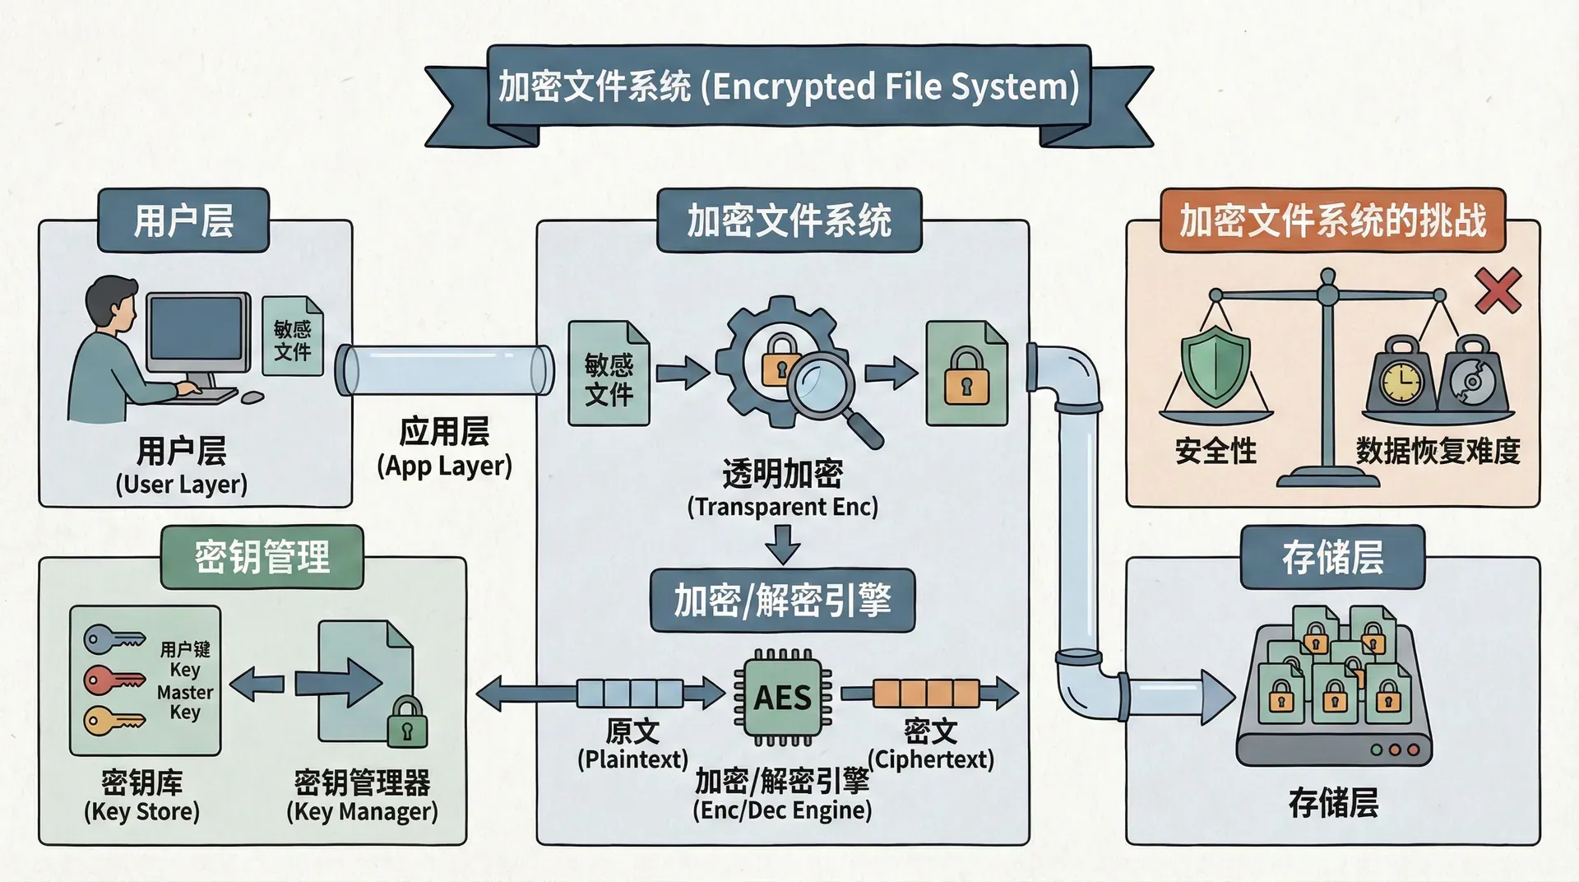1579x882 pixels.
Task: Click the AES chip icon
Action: pos(782,697)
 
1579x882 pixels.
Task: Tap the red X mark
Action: pos(1498,291)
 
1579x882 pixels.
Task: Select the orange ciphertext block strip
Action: pos(926,694)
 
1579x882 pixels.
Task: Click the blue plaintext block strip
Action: pos(630,694)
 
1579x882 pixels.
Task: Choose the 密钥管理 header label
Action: pos(262,557)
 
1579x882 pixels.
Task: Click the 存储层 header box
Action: pos(1332,557)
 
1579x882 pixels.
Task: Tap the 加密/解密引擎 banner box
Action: pos(782,601)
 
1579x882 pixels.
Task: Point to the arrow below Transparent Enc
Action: pos(782,543)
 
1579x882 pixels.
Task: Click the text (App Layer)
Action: pos(444,466)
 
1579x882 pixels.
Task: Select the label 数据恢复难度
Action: pos(1438,451)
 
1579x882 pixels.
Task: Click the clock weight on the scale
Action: pos(1401,382)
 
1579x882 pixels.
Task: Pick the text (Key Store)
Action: pos(141,811)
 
